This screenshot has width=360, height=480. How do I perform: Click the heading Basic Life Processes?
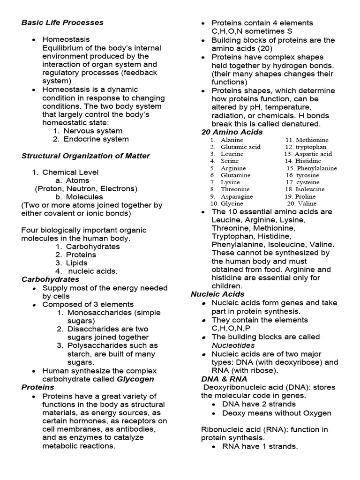pyautogui.click(x=62, y=22)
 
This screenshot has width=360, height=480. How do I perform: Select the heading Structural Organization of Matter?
pyautogui.click(x=86, y=156)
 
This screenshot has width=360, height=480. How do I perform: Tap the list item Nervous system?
pyautogui.click(x=93, y=131)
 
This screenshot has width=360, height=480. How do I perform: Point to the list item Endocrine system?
pyautogui.click(x=96, y=139)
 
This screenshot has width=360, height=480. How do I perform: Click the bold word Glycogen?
pyautogui.click(x=135, y=379)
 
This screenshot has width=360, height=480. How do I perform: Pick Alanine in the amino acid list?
pyautogui.click(x=232, y=140)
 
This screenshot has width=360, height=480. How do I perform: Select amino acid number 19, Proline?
pyautogui.click(x=306, y=196)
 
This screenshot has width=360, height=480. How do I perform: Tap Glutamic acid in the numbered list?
pyautogui.click(x=240, y=147)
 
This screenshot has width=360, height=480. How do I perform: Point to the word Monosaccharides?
pyautogui.click(x=101, y=313)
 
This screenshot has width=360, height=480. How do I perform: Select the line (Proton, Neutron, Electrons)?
pyautogui.click(x=86, y=188)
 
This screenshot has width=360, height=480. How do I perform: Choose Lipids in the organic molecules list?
pyautogui.click(x=76, y=263)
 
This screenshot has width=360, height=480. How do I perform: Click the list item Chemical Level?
pyautogui.click(x=70, y=172)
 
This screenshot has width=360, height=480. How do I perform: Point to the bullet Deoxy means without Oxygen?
pyautogui.click(x=277, y=413)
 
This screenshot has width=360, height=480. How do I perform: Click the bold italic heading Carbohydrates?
pyautogui.click(x=50, y=279)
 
